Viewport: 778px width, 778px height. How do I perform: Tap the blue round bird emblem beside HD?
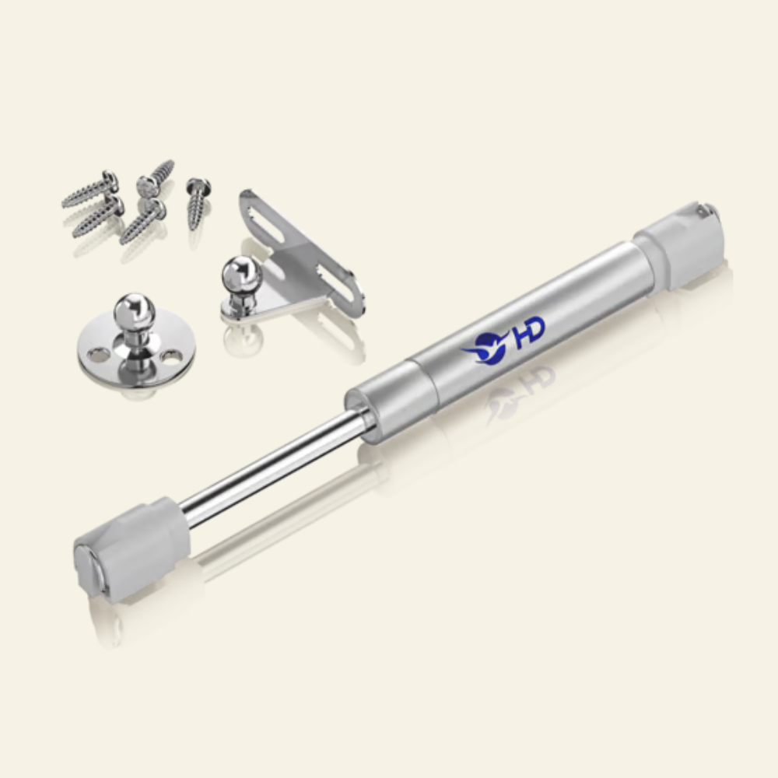coord(487,347)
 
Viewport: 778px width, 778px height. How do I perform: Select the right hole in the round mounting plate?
coord(172,356)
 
